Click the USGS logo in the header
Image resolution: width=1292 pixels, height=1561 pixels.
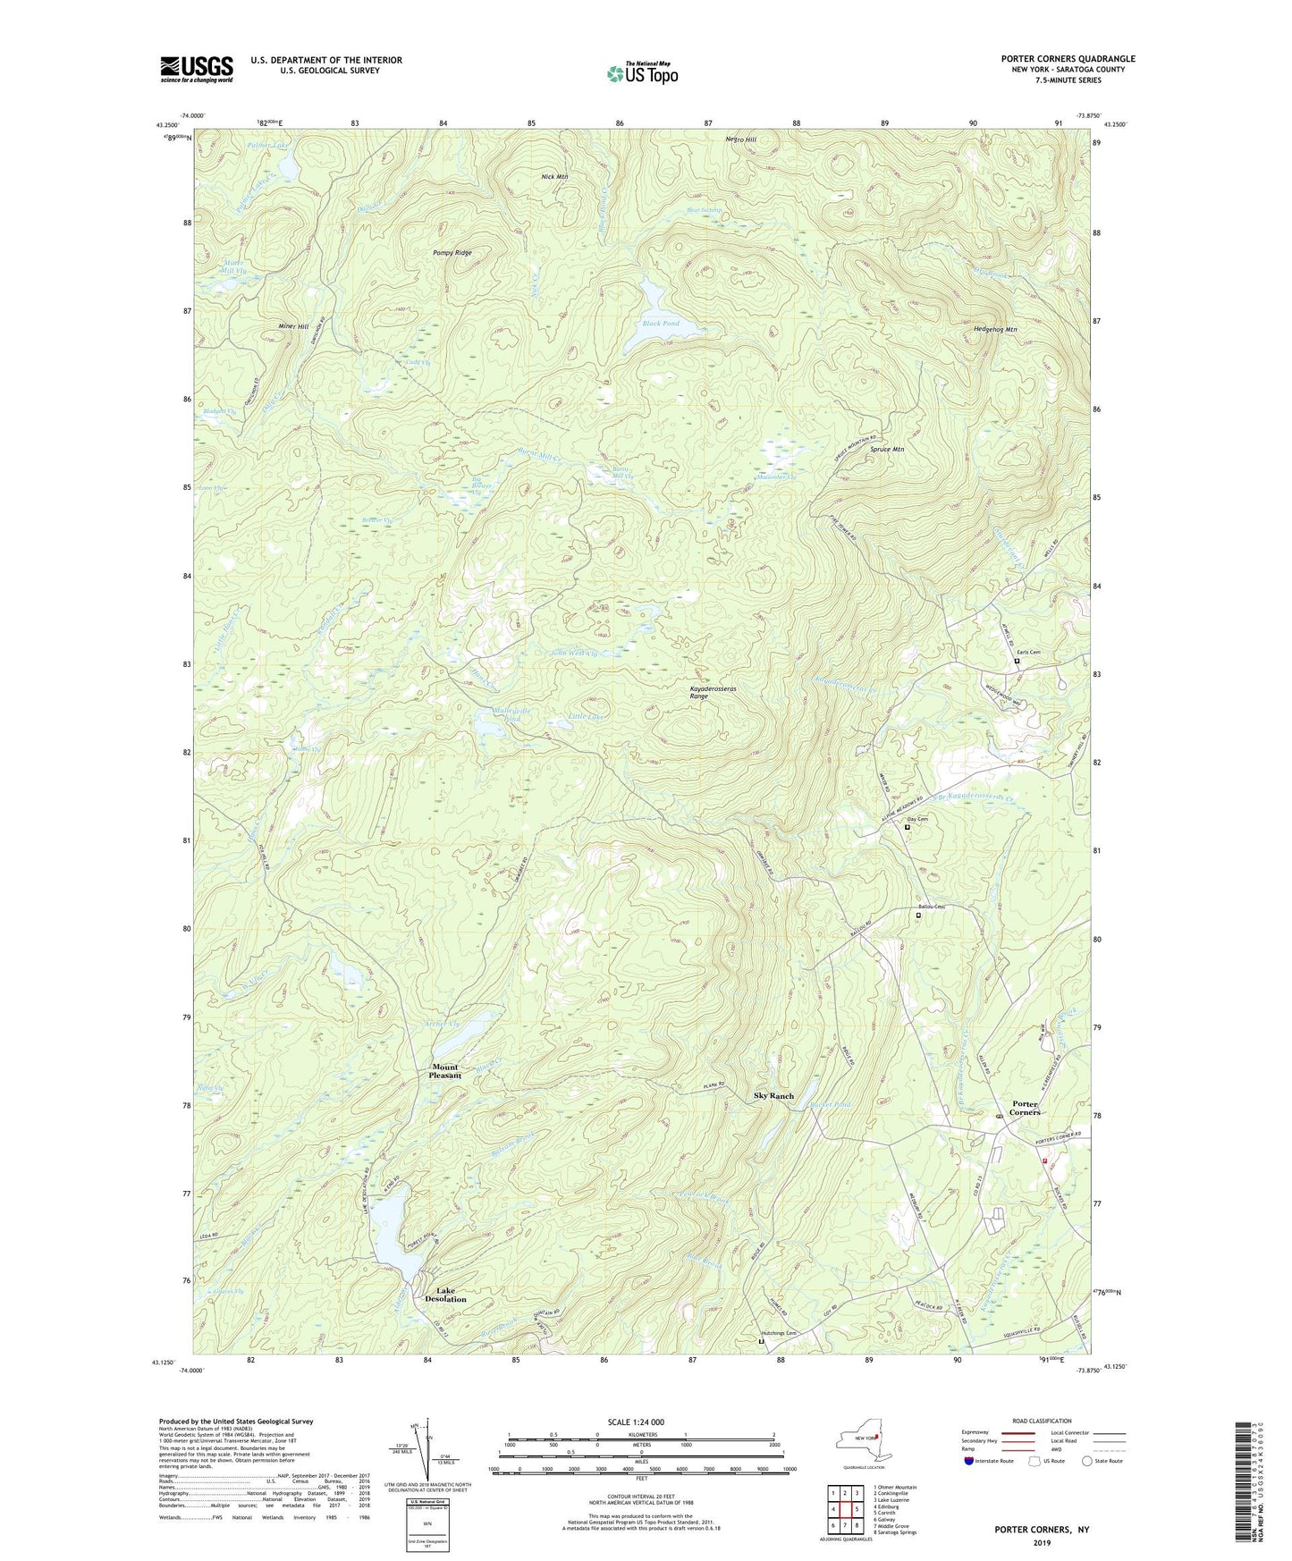tap(197, 69)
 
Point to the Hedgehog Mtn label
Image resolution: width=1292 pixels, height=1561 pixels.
tap(995, 330)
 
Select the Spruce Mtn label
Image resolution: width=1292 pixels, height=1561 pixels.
tap(887, 450)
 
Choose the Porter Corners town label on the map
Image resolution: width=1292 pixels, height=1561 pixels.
tap(1025, 1108)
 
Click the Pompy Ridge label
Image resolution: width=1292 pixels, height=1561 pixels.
tap(452, 253)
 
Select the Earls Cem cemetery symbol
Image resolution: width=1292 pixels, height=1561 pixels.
tap(1017, 662)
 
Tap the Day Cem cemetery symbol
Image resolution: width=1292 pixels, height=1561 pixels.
tap(907, 827)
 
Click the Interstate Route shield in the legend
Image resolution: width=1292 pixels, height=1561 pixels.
tap(969, 1461)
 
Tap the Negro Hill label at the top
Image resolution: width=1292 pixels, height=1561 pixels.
tap(740, 140)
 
